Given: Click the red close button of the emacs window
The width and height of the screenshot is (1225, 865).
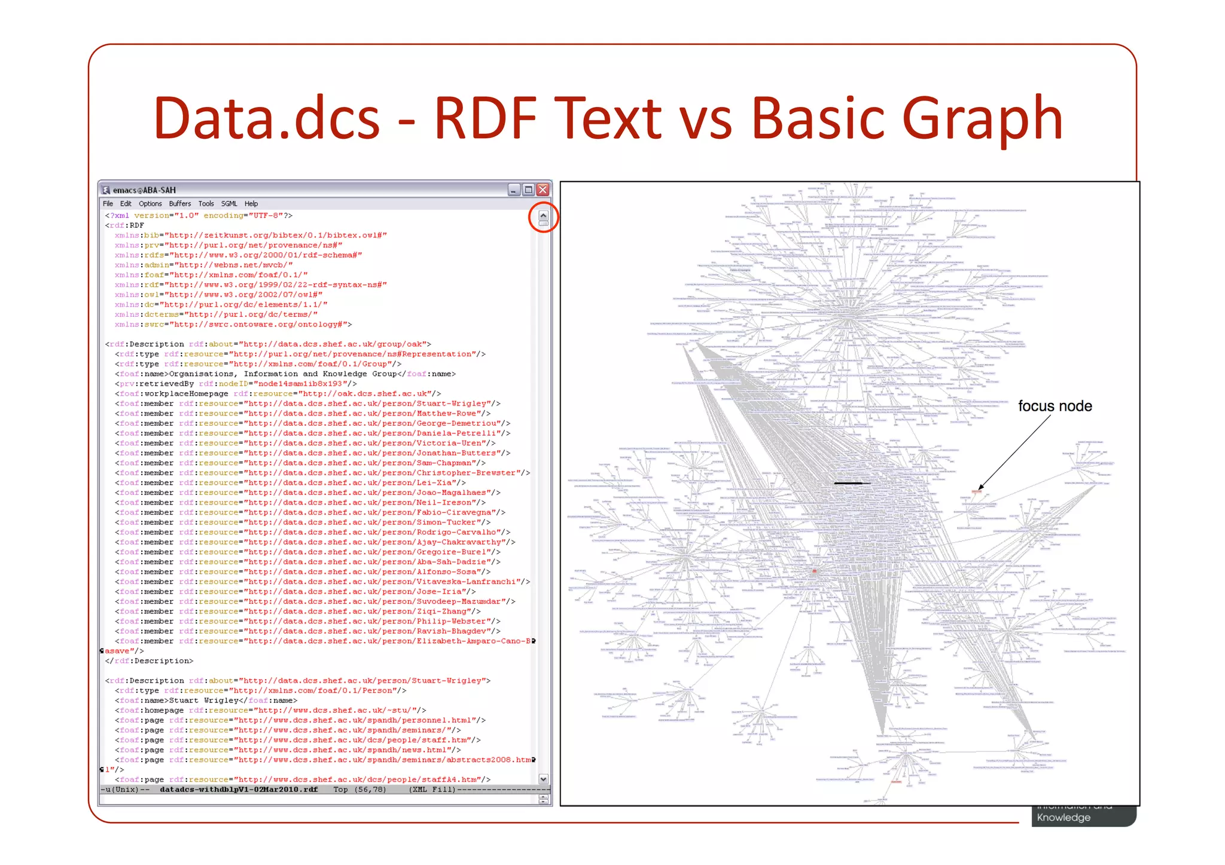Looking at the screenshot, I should click(x=543, y=190).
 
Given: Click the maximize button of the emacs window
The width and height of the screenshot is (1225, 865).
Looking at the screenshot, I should click(x=528, y=190).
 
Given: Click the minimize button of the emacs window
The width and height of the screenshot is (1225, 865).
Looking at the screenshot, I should click(x=514, y=190).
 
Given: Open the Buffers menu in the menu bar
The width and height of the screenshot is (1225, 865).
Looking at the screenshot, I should click(x=179, y=204).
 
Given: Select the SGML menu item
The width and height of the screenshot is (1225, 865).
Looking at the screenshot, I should click(x=229, y=204).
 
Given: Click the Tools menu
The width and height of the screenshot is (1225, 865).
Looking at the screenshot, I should click(x=206, y=204).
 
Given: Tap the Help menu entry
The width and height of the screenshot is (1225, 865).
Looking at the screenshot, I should click(x=251, y=204).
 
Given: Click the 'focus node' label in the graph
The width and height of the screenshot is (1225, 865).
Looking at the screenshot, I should click(x=1055, y=406).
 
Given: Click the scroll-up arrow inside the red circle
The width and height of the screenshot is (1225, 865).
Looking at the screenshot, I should click(x=543, y=216).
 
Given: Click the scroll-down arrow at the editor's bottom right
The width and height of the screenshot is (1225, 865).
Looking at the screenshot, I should click(x=543, y=779).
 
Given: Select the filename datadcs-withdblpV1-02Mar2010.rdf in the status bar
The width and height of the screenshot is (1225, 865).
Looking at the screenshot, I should click(x=239, y=790).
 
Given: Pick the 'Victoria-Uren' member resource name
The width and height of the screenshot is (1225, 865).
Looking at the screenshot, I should click(x=450, y=443).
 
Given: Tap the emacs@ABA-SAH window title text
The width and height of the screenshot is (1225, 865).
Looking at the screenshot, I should click(x=144, y=190).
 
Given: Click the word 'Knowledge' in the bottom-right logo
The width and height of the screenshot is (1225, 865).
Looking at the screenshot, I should click(x=1064, y=818).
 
